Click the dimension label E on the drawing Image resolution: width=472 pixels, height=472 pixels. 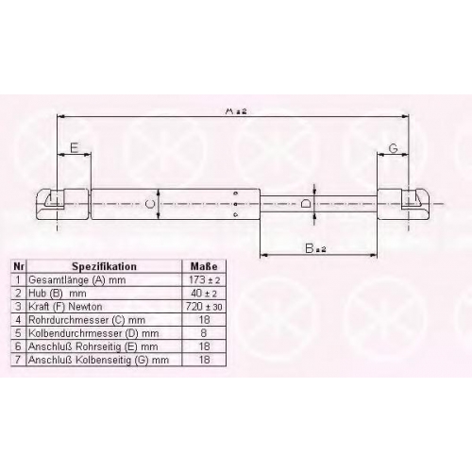click(75, 147)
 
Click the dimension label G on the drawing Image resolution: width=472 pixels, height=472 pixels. click(394, 147)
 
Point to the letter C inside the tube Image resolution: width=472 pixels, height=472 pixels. click(150, 204)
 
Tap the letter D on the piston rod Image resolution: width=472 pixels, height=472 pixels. click(305, 203)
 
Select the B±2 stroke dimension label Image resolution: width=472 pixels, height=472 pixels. click(315, 248)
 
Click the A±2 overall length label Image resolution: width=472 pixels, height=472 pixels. click(236, 111)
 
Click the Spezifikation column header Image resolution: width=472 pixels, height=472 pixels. click(105, 266)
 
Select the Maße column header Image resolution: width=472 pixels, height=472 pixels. click(204, 266)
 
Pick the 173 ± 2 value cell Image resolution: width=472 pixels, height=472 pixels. click(204, 279)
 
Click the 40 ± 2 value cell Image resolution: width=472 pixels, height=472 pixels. click(204, 294)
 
